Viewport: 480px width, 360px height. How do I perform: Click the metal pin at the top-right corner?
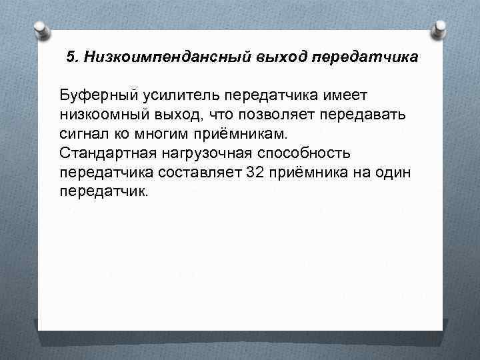point(439,27)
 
